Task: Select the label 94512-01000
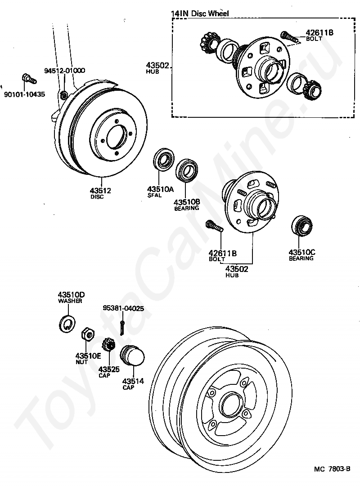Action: (64, 71)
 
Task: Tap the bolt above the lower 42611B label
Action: (215, 227)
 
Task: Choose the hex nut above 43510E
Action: (87, 335)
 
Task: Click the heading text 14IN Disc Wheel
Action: (200, 13)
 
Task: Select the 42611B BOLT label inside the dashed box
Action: (319, 35)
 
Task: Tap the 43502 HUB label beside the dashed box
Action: (157, 68)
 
